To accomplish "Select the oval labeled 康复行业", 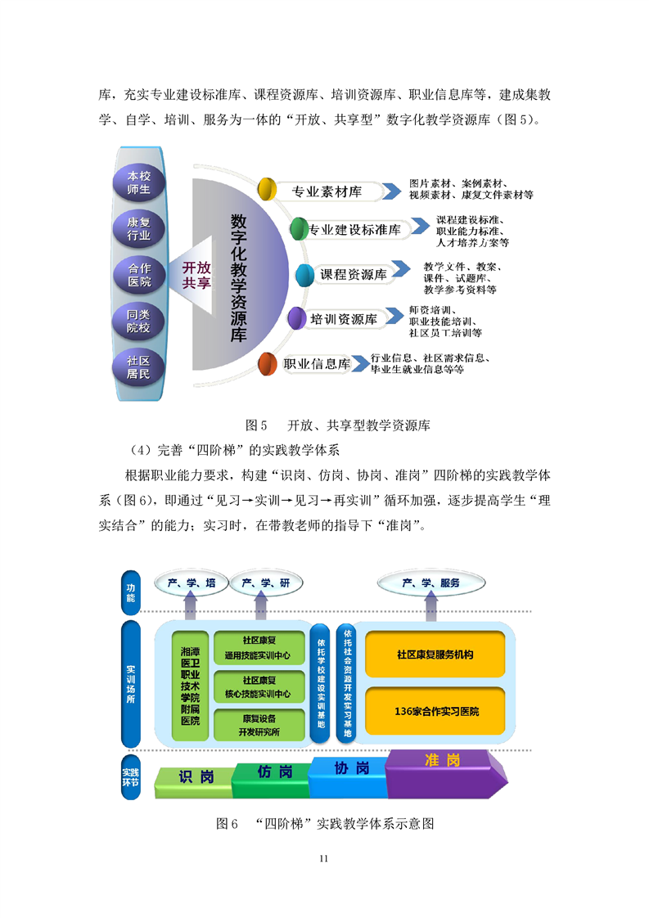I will pyautogui.click(x=138, y=229).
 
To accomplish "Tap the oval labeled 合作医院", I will pyautogui.click(x=138, y=276).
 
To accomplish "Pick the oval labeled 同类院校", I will pyautogui.click(x=138, y=322).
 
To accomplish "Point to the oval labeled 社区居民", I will pyautogui.click(x=138, y=367).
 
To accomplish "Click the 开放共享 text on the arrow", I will pyautogui.click(x=196, y=276).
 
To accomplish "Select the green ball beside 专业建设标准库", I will pyautogui.click(x=297, y=228).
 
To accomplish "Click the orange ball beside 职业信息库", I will pyautogui.click(x=267, y=364).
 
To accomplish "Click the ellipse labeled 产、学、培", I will pyautogui.click(x=192, y=583).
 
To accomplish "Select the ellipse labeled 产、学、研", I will pyautogui.click(x=267, y=583).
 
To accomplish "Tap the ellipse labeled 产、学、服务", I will pyautogui.click(x=430, y=583).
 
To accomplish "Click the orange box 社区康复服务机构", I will pyautogui.click(x=435, y=655).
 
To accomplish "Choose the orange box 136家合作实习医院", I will pyautogui.click(x=435, y=711).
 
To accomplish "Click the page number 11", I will pyautogui.click(x=324, y=858).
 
